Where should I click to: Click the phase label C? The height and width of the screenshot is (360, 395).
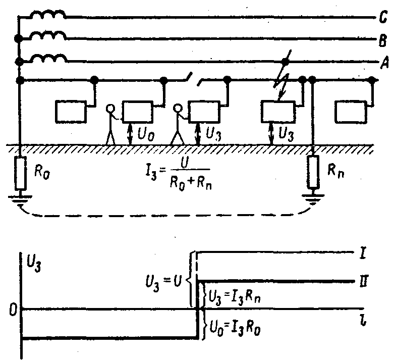pos(383,17)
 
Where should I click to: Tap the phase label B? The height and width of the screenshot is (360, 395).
pos(383,40)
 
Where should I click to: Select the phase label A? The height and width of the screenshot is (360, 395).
pos(384,62)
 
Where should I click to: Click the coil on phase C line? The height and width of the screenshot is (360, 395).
pos(47,15)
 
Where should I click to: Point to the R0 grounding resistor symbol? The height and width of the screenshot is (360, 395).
pos(20,173)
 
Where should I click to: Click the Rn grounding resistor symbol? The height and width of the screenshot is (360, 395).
pos(313,172)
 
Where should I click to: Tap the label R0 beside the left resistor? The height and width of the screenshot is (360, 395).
pos(42,173)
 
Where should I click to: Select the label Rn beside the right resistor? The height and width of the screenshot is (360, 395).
pos(335,171)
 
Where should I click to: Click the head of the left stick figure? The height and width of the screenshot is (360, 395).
pos(110,109)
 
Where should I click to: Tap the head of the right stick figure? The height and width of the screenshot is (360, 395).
pos(178,109)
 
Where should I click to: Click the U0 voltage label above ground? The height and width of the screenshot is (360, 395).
pos(146,134)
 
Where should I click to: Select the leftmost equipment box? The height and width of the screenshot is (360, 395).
pos(71,112)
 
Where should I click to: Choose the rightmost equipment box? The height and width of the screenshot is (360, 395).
pos(351,112)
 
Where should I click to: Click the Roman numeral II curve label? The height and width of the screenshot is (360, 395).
pos(364,281)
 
